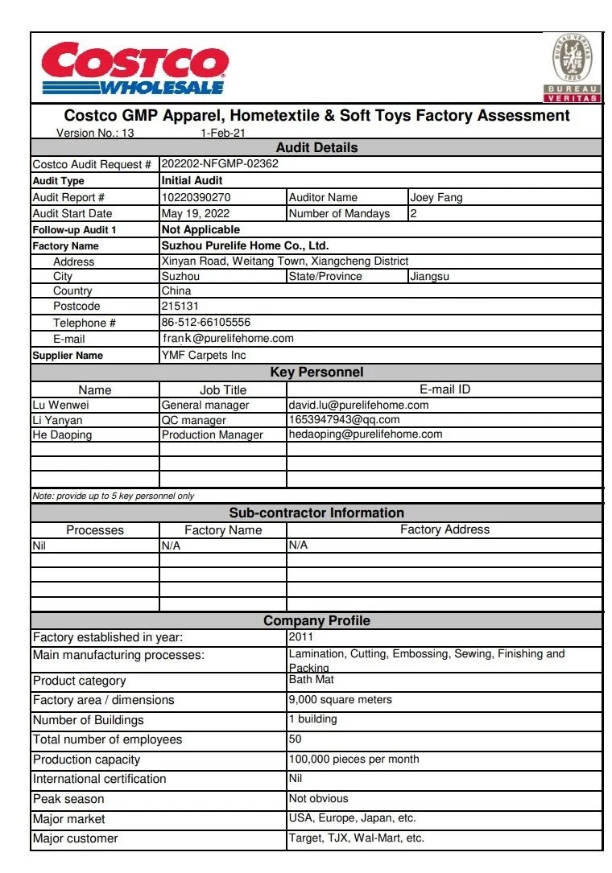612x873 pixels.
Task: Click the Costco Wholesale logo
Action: (x=135, y=69)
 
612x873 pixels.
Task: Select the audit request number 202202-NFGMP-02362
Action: (x=220, y=164)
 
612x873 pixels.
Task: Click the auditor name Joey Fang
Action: (x=436, y=197)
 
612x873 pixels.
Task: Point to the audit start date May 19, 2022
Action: (x=196, y=213)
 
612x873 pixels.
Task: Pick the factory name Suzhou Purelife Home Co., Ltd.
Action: (x=245, y=245)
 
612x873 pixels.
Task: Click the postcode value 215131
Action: (x=180, y=307)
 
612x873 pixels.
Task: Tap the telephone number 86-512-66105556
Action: (x=206, y=323)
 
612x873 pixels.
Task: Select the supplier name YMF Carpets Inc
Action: (x=204, y=355)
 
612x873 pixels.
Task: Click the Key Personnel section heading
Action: (x=316, y=372)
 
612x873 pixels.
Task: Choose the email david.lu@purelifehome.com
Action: (x=358, y=405)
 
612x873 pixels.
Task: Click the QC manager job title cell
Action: (x=194, y=420)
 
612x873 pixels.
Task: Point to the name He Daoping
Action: (x=62, y=434)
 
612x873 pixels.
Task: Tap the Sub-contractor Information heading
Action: (x=316, y=513)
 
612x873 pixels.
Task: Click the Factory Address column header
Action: (x=445, y=529)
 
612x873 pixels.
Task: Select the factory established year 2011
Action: (x=301, y=637)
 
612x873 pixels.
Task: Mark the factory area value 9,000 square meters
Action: (x=341, y=700)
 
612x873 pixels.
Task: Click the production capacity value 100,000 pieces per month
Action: (x=354, y=759)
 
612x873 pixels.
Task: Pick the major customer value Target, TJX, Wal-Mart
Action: (x=356, y=838)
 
